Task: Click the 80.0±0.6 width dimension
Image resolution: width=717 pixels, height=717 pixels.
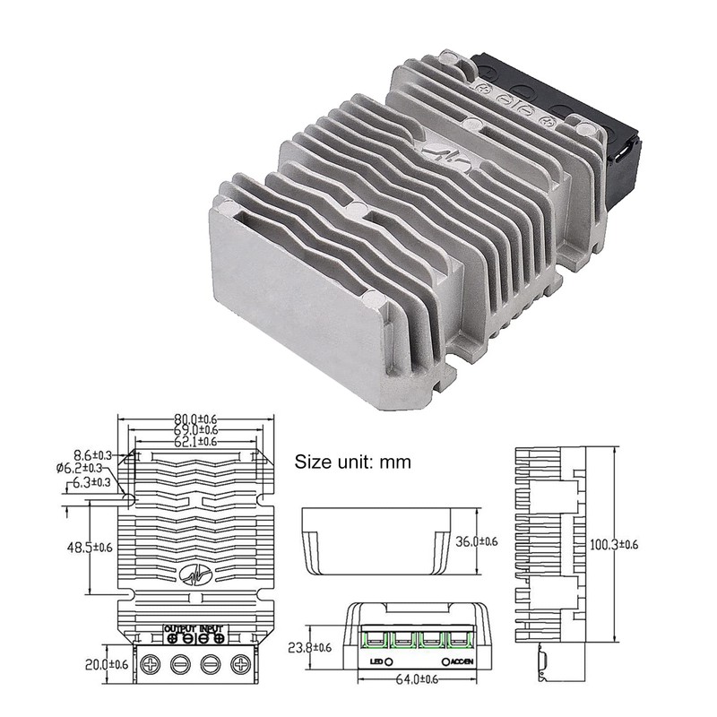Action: [x=195, y=419]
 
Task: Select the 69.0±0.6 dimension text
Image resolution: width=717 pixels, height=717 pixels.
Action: [x=195, y=429]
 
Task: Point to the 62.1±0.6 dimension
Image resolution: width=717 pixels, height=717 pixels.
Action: [x=195, y=441]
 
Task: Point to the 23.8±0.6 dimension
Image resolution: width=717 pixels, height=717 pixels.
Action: [x=316, y=647]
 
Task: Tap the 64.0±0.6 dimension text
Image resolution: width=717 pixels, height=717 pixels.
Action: [x=419, y=678]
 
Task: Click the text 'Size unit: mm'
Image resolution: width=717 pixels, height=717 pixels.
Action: [x=352, y=462]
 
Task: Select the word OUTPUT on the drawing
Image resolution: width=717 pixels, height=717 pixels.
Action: [x=179, y=626]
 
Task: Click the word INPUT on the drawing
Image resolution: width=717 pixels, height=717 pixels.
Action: [x=212, y=626]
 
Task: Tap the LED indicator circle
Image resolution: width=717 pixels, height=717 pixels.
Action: [x=389, y=661]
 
